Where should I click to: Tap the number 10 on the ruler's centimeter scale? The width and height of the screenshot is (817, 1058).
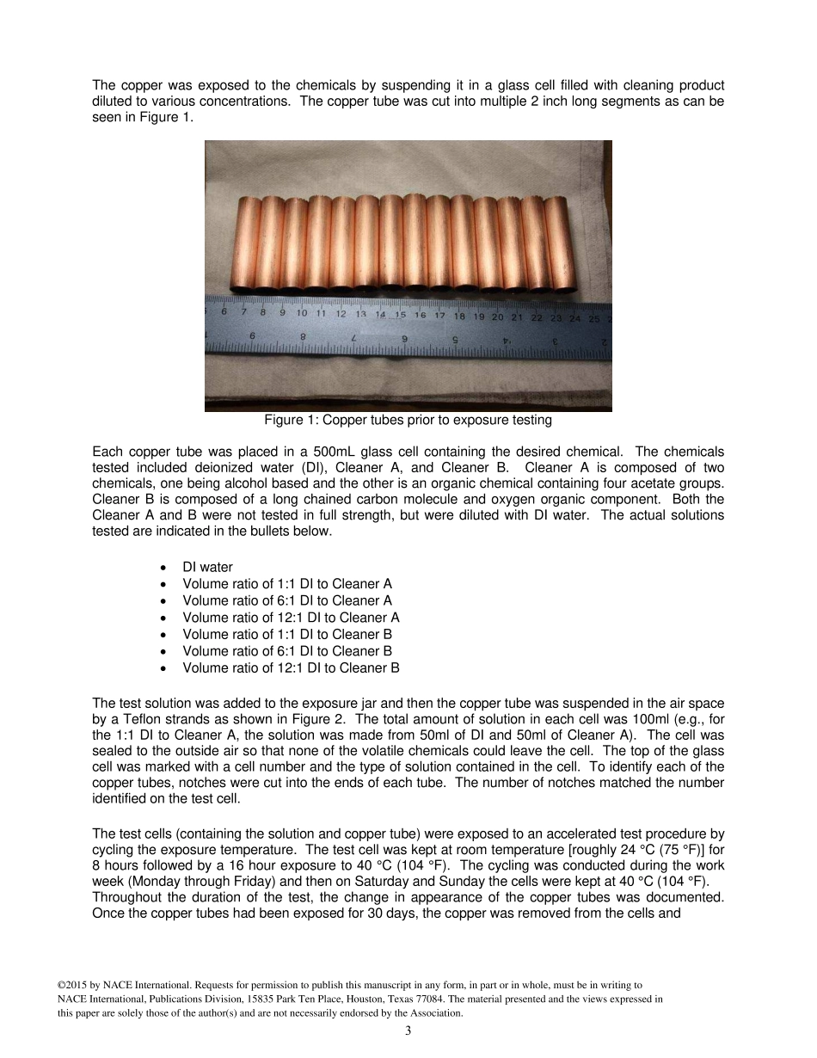(x=301, y=314)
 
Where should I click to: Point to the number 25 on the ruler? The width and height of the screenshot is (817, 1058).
(x=594, y=317)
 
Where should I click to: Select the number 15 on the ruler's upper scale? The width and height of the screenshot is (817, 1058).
(x=400, y=316)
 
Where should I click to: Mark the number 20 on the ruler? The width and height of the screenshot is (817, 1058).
(x=498, y=317)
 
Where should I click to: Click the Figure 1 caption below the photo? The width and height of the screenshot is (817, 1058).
(x=408, y=421)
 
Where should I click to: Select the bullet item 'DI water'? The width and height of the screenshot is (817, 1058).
(x=207, y=567)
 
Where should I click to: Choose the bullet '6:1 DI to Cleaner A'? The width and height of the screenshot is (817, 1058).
(x=287, y=600)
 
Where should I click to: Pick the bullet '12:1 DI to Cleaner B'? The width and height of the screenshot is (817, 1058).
(x=291, y=667)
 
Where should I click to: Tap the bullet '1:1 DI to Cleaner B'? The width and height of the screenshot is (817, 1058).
(x=287, y=634)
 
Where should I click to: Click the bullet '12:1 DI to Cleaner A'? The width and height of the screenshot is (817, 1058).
(x=291, y=618)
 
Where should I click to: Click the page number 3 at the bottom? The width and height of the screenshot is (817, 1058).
(x=408, y=1030)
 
